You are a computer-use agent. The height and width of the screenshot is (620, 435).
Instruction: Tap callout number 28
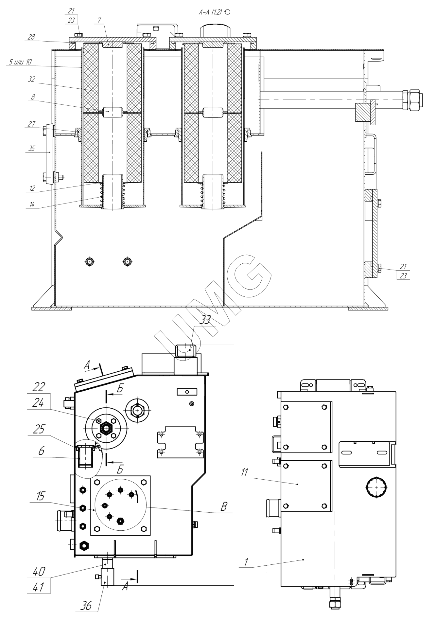tap(31, 37)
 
